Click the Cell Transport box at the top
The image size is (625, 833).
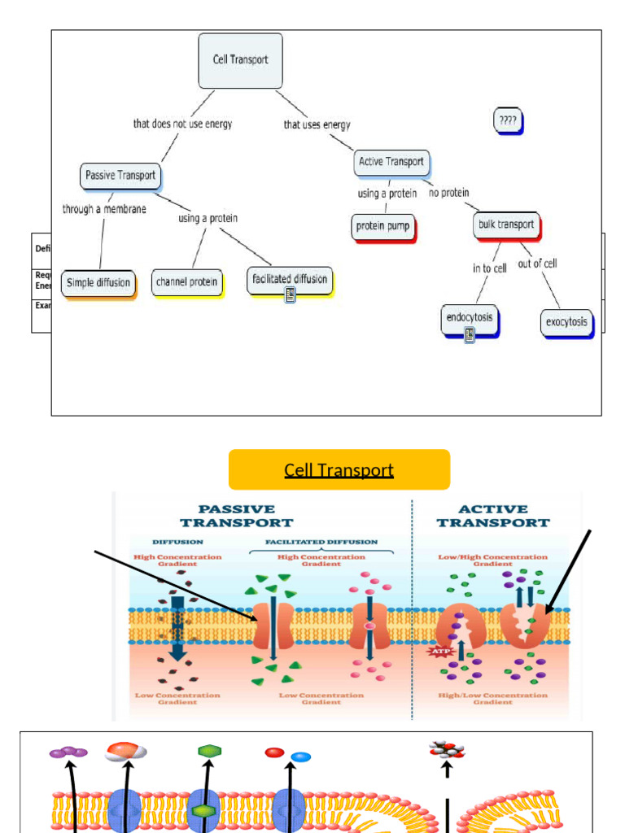240,60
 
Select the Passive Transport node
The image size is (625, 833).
120,176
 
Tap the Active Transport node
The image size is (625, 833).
391,162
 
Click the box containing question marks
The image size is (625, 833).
507,121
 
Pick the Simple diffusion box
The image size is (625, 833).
98,283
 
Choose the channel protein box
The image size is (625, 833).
186,282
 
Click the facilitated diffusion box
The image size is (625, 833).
289,279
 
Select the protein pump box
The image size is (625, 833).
383,226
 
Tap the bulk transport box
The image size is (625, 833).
505,225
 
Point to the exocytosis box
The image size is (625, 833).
566,322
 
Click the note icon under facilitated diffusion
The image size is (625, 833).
290,296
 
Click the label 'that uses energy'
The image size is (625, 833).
317,124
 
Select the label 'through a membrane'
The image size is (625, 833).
104,209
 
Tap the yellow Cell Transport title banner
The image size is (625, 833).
339,470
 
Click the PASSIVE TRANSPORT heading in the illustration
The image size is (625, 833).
236,517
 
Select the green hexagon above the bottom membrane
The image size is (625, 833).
208,751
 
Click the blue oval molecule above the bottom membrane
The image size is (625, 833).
301,757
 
